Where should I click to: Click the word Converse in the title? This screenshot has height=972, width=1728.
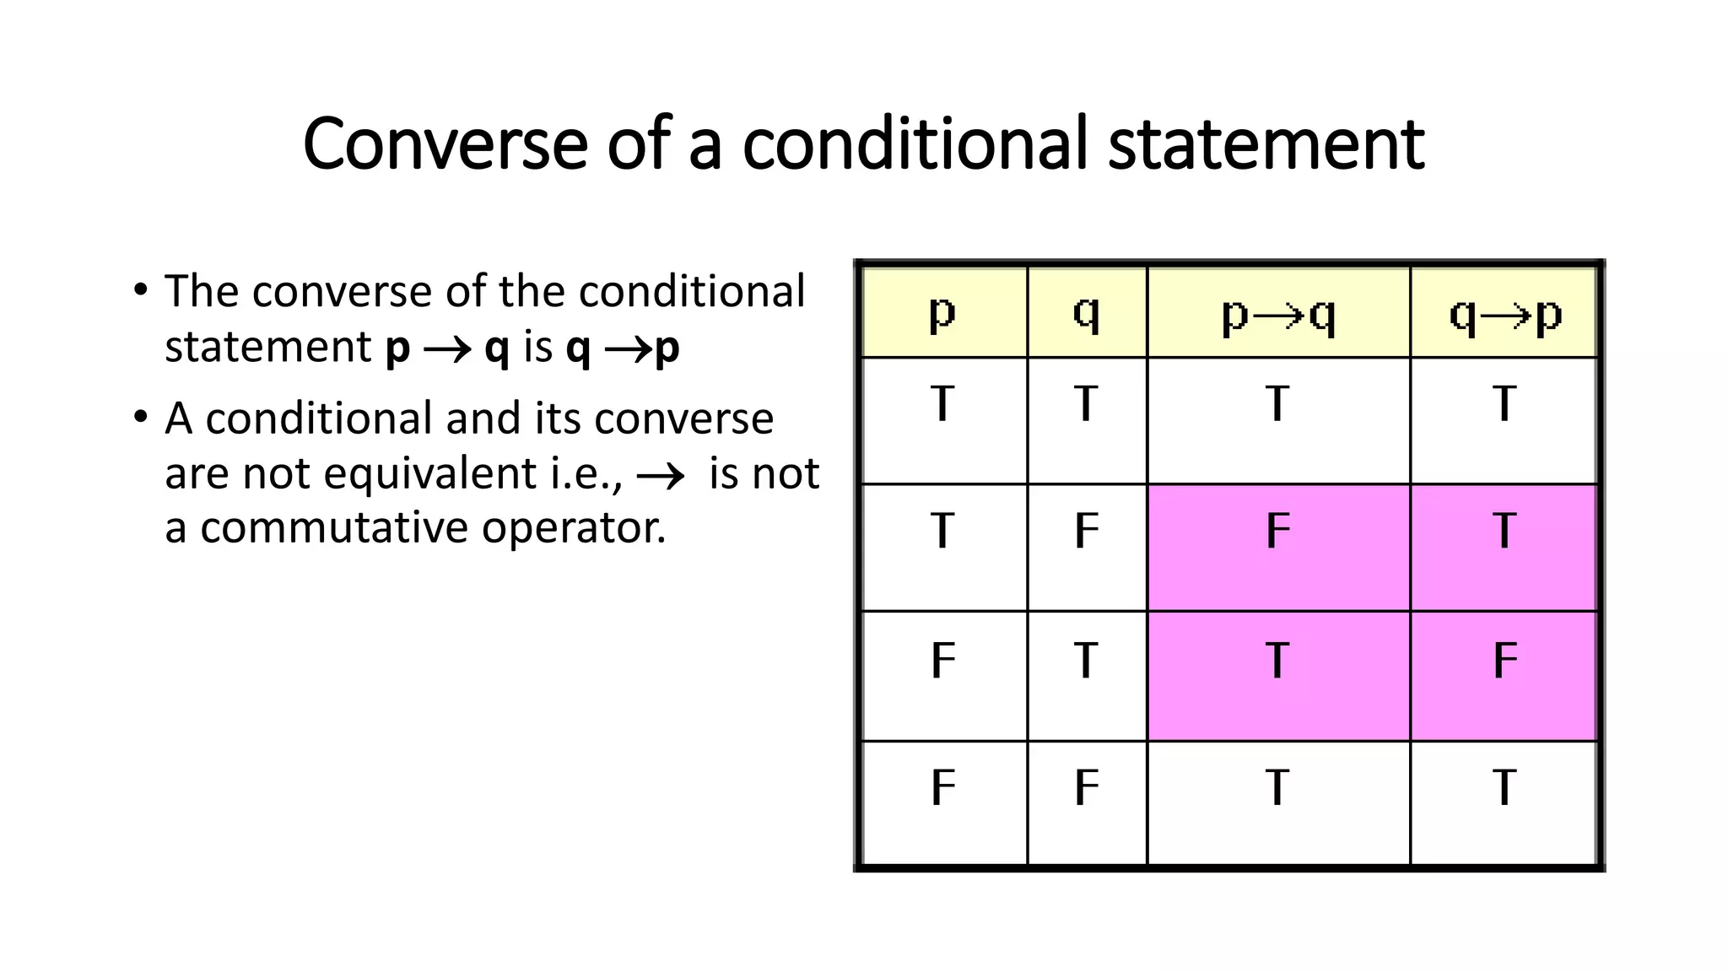[x=445, y=143]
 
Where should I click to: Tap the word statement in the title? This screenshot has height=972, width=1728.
[x=1266, y=143]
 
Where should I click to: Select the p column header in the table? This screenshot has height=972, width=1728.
[x=942, y=313]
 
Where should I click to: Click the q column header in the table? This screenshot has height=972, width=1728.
[x=1087, y=313]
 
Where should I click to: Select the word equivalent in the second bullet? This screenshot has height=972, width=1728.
[x=430, y=473]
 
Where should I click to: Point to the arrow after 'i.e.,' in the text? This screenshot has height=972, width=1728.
[x=661, y=477]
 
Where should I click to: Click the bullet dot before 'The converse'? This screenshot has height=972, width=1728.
[x=141, y=290]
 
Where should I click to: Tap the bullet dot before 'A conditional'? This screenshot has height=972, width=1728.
[x=141, y=418]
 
